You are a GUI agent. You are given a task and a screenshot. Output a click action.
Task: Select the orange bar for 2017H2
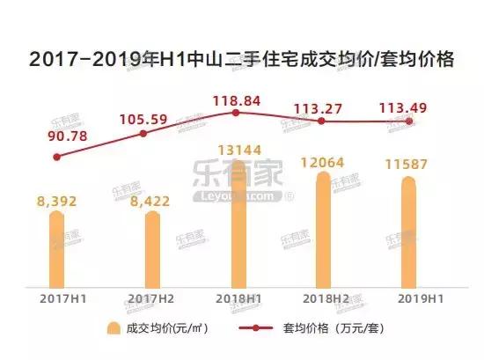coord(151,251)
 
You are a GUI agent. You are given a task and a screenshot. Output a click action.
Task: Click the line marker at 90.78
coord(57,157)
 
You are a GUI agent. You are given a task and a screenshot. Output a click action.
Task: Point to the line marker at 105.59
coord(143,133)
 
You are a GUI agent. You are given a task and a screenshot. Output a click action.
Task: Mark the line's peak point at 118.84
coord(236,112)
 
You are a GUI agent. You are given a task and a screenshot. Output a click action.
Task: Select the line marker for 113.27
coord(322,121)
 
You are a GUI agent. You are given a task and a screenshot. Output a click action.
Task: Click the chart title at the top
coord(241,60)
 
